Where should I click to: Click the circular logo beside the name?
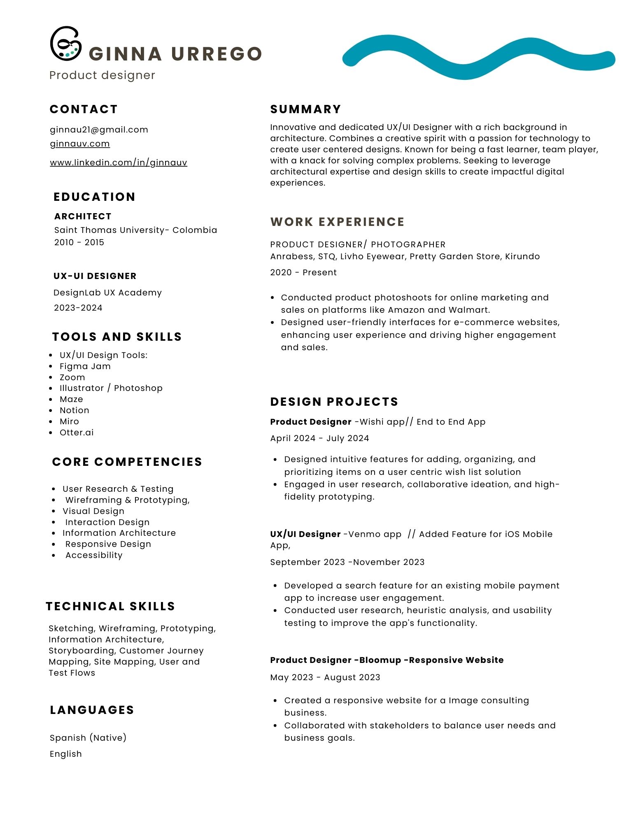[x=65, y=44]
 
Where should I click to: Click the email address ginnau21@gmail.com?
[x=99, y=130]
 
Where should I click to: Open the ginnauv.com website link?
[x=80, y=144]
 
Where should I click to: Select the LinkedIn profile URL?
[x=119, y=163]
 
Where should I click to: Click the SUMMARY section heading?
[x=305, y=109]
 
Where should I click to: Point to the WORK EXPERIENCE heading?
[x=337, y=222]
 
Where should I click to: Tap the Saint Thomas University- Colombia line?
[x=135, y=230]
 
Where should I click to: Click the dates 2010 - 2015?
[x=79, y=242]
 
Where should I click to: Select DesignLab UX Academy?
[x=107, y=293]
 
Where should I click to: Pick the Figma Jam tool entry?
[x=85, y=366]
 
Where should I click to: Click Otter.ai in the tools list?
[x=77, y=432]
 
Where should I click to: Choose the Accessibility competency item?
[x=94, y=555]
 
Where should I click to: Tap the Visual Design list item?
[x=93, y=511]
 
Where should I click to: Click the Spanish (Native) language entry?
[x=88, y=737]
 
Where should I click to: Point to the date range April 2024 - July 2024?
[x=319, y=438]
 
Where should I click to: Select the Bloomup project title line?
[x=387, y=660]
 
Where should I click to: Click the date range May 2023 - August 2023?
[x=325, y=677]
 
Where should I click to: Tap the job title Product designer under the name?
[x=102, y=75]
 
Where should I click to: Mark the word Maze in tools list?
[x=71, y=399]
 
